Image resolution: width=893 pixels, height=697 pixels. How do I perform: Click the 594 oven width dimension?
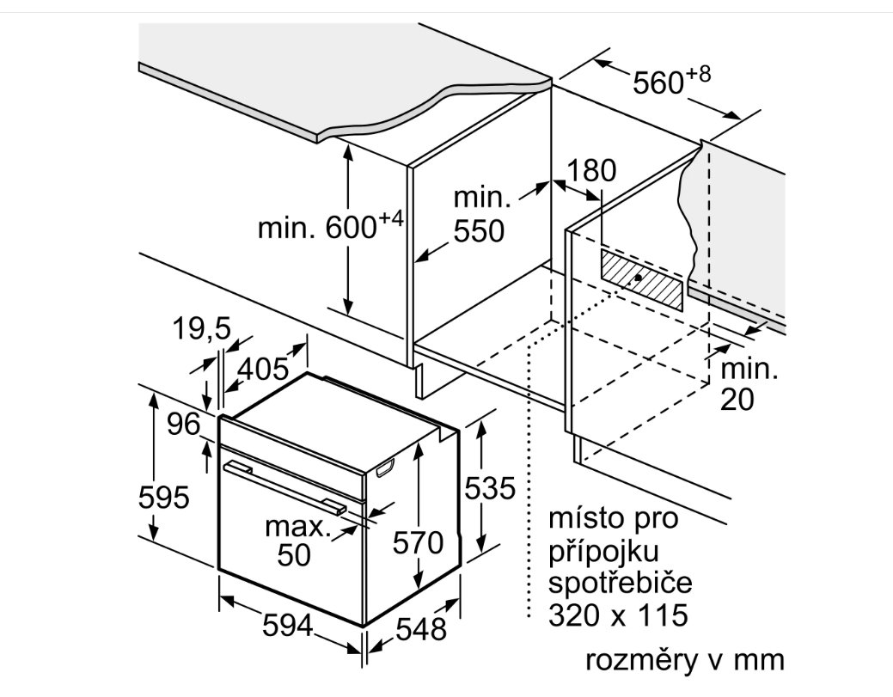[x=288, y=627]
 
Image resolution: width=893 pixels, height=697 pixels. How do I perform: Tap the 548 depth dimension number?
[x=421, y=629]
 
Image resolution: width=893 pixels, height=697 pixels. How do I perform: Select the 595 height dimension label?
[x=164, y=497]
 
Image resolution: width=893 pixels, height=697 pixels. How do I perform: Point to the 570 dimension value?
[x=418, y=542]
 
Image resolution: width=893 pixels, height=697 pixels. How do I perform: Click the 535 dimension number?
[x=491, y=488]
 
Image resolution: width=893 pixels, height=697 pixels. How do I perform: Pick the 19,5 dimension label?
[x=202, y=328]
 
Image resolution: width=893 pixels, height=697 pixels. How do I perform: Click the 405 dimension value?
[x=263, y=369]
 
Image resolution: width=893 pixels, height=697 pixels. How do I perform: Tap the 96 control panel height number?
[x=184, y=424]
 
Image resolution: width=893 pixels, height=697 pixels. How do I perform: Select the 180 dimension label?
[x=592, y=170]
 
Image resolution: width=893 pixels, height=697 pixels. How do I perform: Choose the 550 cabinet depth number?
[x=479, y=230]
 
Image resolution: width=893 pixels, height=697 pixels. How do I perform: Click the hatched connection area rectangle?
[x=641, y=279]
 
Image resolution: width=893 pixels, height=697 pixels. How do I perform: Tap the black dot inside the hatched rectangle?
[x=639, y=278]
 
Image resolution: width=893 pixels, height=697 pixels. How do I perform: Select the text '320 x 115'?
[x=618, y=615]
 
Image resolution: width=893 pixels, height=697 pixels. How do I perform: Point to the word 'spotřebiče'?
[x=621, y=582]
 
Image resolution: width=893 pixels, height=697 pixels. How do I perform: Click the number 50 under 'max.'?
[x=294, y=554]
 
